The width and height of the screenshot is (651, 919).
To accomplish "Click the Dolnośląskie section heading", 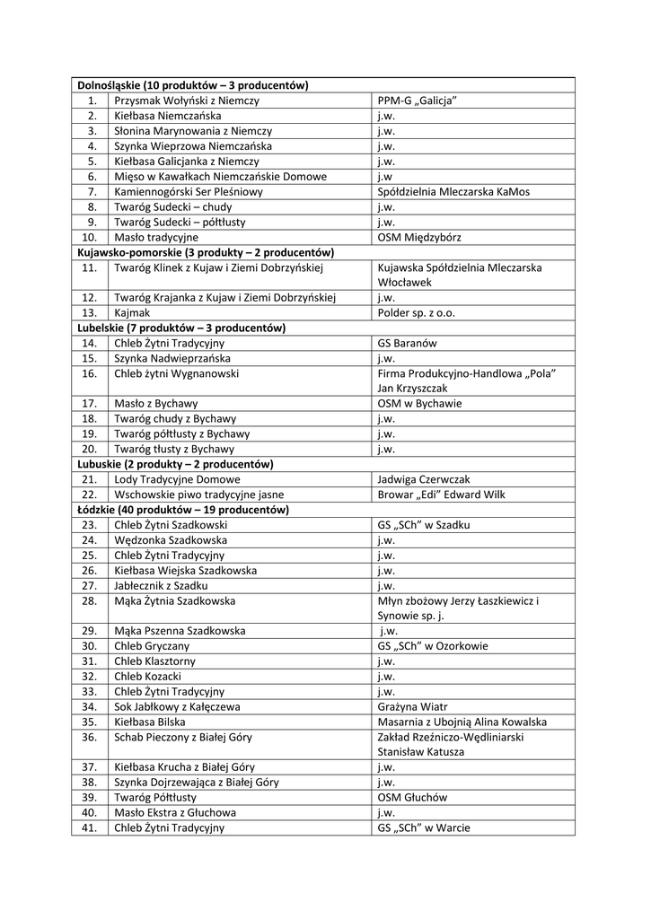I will [193, 85].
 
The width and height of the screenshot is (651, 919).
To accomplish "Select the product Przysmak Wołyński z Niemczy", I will [186, 101].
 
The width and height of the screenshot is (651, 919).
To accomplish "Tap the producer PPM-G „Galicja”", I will [418, 101].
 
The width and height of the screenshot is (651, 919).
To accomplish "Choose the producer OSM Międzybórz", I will [423, 237].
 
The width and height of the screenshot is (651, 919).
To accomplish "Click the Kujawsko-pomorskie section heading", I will [207, 252].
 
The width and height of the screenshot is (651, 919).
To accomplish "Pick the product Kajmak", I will [132, 313].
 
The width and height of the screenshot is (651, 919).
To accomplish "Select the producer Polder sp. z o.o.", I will [418, 313].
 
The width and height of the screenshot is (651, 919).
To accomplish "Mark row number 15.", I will [89, 358].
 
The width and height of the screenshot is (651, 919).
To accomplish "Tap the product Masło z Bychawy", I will [156, 404].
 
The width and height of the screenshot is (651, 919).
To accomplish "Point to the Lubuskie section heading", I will [176, 464].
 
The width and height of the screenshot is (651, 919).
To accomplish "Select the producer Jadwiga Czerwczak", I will [424, 479].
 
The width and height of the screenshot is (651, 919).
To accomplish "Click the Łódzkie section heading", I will [183, 510].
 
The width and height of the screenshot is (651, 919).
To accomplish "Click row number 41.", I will [89, 828].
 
